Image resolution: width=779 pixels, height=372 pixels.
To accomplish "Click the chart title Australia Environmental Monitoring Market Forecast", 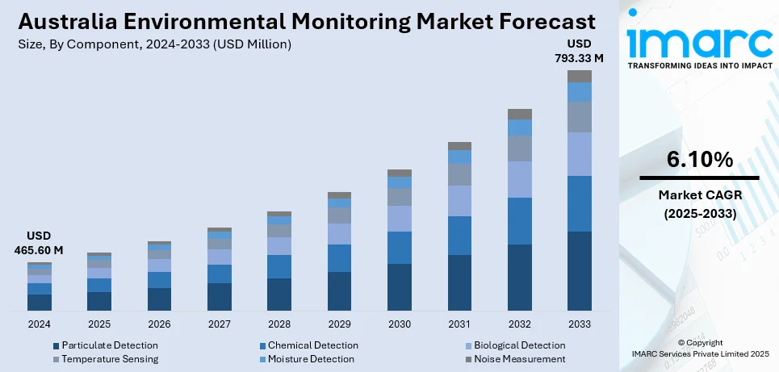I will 307,20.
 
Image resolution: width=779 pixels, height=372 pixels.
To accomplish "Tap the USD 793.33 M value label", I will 579,50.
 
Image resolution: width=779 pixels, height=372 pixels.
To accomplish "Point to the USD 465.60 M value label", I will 40,243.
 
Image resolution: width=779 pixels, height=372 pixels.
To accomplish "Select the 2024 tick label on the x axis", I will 40,324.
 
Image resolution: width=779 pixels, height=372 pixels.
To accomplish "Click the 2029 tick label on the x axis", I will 339,324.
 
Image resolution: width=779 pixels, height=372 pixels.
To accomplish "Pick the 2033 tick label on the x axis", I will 579,324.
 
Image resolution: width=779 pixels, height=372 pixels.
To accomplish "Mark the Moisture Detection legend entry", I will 311,359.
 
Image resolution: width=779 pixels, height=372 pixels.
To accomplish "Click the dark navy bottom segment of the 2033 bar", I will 579,271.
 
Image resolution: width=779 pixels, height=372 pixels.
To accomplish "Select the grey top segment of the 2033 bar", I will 579,76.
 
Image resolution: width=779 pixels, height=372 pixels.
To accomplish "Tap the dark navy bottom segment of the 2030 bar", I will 400,287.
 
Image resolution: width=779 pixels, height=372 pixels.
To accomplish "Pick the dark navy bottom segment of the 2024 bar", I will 40,303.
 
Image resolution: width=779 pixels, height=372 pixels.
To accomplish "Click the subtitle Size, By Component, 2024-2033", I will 154,44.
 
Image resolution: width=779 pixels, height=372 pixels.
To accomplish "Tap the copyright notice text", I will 699,349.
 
